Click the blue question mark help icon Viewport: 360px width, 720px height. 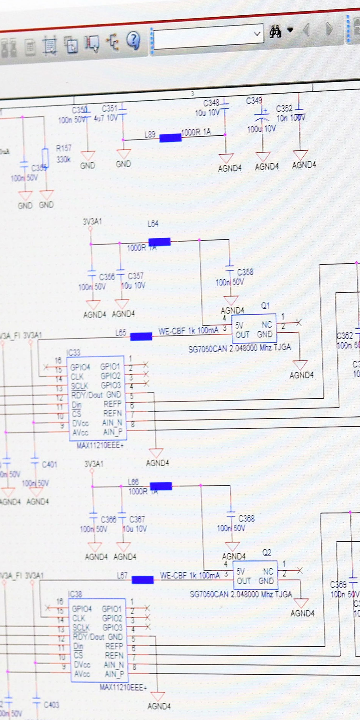[x=133, y=40]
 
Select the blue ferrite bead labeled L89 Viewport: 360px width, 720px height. [x=170, y=138]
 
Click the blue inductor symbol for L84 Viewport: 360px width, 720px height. [x=159, y=242]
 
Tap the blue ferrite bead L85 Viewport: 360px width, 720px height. [x=141, y=336]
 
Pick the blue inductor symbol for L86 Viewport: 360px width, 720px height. [x=161, y=486]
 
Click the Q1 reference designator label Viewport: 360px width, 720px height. [x=265, y=306]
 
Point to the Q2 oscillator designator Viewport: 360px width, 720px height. [x=267, y=552]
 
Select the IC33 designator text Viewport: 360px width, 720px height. [x=73, y=353]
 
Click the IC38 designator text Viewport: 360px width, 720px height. [x=75, y=594]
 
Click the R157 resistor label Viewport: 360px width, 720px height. [x=64, y=148]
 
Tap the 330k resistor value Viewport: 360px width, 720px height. [x=63, y=160]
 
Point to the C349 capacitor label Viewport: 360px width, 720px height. [x=254, y=101]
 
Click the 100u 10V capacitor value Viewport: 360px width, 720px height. [x=261, y=129]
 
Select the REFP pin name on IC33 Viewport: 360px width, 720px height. [x=112, y=404]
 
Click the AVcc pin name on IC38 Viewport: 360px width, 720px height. [x=82, y=674]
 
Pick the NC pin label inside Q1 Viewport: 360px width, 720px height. [x=267, y=324]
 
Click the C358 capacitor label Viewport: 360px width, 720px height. [x=245, y=272]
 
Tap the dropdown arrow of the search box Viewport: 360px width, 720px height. [x=257, y=34]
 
